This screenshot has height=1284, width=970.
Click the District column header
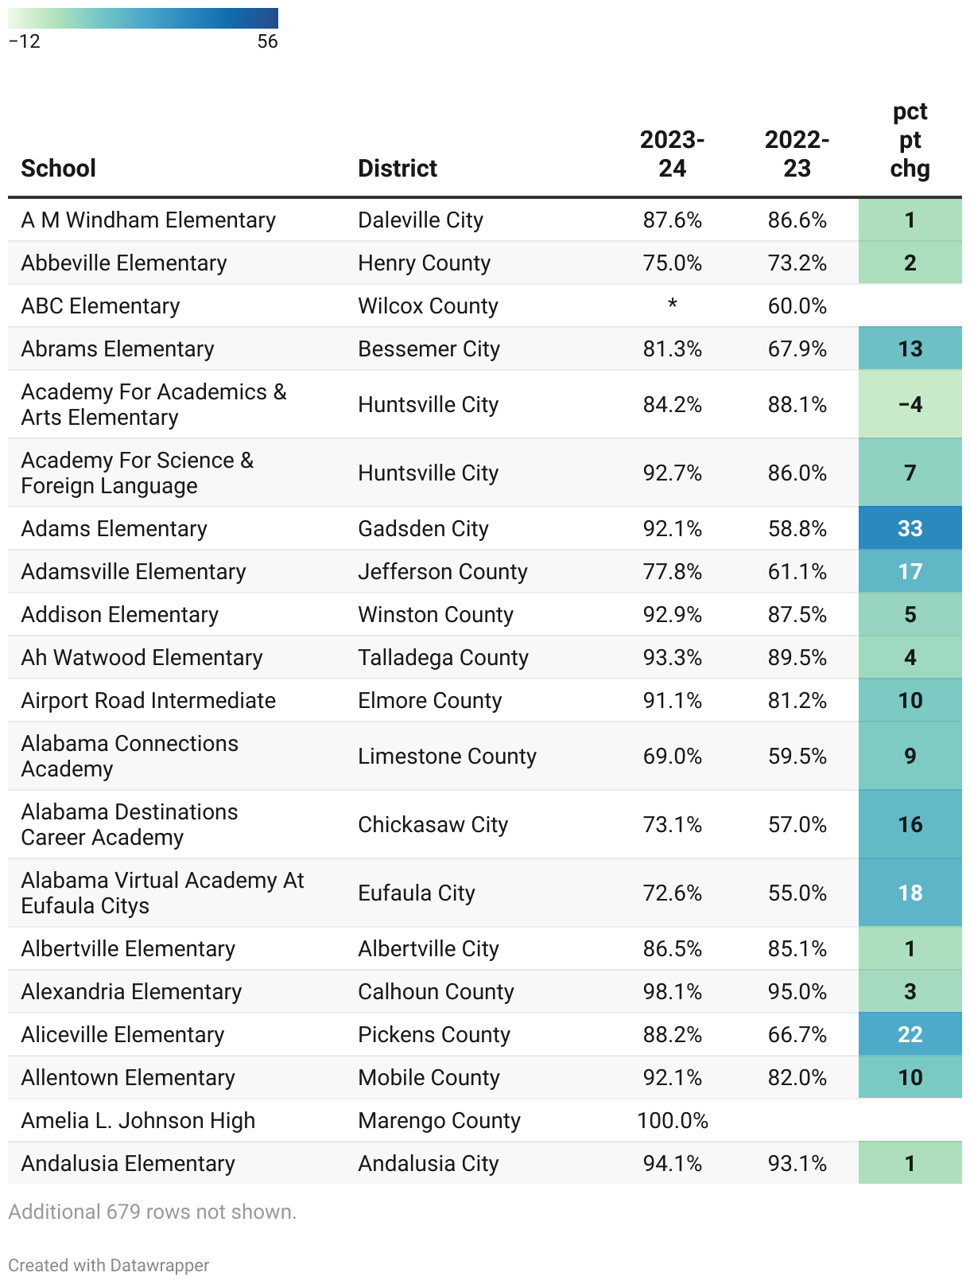tap(398, 168)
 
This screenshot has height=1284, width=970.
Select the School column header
tap(59, 168)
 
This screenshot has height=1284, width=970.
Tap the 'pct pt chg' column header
tap(910, 140)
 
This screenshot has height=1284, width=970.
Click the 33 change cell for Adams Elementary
tap(910, 528)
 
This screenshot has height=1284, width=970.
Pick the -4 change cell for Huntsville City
tap(910, 404)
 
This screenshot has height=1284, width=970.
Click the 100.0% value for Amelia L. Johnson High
tap(673, 1120)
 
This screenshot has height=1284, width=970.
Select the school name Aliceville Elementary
tap(122, 1034)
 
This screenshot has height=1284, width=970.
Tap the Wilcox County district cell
tap(428, 305)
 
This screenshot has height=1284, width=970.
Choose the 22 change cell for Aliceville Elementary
tap(910, 1034)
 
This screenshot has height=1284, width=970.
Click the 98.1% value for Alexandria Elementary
tap(673, 991)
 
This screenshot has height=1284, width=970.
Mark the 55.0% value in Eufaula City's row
tap(797, 893)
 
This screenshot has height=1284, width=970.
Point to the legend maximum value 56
tap(267, 41)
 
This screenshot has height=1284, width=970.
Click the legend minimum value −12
tap(25, 41)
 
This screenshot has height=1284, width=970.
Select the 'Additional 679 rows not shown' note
tap(152, 1212)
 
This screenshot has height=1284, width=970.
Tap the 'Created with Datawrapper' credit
tap(109, 1265)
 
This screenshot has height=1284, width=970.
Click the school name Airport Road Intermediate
tap(149, 700)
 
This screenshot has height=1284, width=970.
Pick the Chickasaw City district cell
tap(433, 824)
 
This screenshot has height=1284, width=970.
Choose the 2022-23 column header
tap(797, 154)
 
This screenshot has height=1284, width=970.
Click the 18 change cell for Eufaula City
tap(910, 893)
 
